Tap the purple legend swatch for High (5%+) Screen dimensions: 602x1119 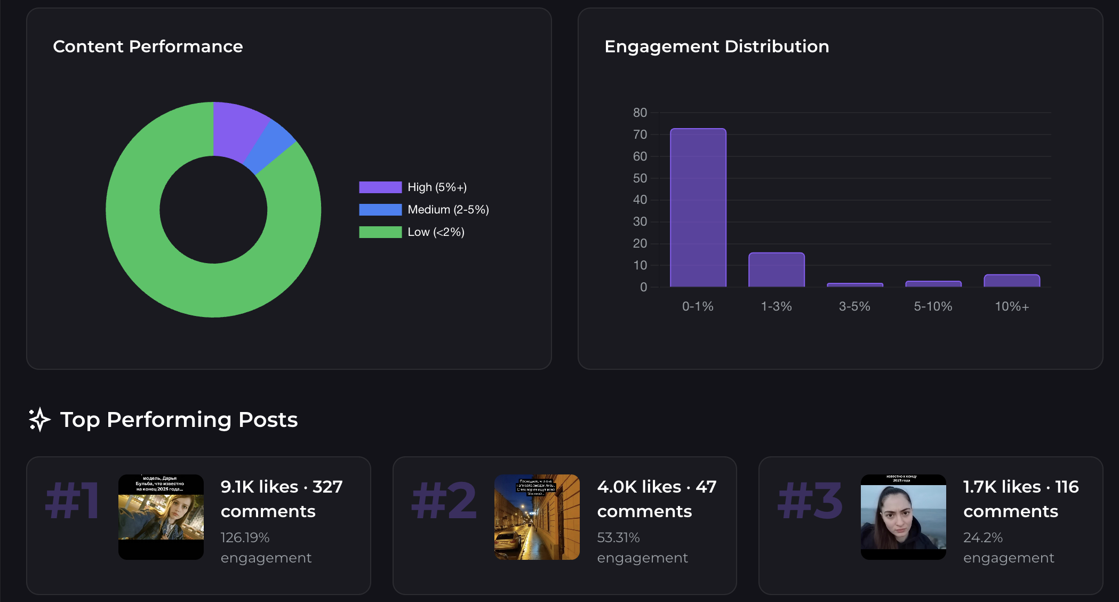(380, 187)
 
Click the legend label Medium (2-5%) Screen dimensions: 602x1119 (448, 210)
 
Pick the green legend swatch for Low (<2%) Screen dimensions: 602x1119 (380, 232)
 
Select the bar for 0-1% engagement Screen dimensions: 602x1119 (698, 208)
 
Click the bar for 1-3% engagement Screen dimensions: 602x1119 (776, 270)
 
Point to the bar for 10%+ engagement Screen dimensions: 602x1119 (1011, 281)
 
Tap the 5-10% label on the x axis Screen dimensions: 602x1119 (933, 306)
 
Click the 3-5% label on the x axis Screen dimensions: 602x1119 (854, 306)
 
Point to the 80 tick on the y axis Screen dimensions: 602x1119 (640, 113)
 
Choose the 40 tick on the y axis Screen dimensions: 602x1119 (640, 200)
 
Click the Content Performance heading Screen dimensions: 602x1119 (148, 46)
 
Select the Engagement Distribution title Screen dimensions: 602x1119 (716, 46)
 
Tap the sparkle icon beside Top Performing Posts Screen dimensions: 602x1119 (39, 419)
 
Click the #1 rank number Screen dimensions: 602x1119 (72, 501)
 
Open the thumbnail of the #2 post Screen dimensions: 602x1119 (537, 517)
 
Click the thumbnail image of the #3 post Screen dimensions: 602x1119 (903, 517)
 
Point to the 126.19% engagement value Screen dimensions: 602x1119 (245, 537)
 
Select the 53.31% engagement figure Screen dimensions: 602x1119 (618, 537)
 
